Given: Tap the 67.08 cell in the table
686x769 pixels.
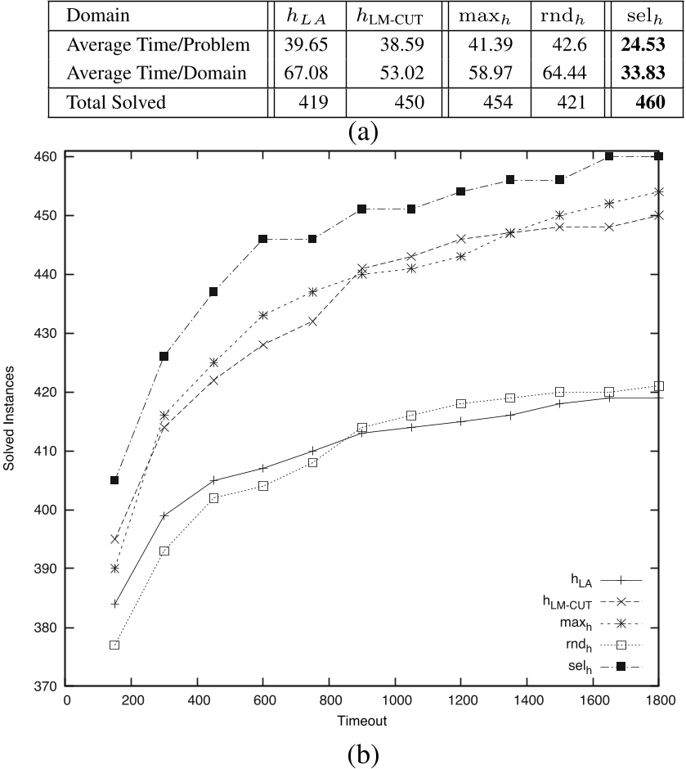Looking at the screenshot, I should (x=303, y=73).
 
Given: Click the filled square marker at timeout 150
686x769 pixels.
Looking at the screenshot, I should (x=115, y=480).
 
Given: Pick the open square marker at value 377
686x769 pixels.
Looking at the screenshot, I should (x=115, y=645).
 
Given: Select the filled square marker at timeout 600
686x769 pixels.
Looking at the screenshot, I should (x=263, y=239).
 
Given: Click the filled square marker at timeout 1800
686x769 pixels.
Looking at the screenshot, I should (x=658, y=156).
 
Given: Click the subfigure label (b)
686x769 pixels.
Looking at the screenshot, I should (x=362, y=751).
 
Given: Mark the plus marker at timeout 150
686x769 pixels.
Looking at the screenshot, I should (x=115, y=604).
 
